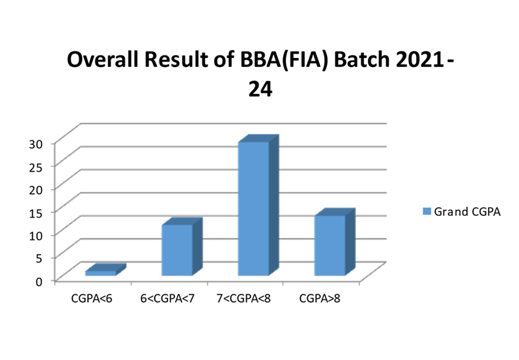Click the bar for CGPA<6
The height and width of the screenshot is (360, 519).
click(106, 270)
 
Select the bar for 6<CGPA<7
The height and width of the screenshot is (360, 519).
click(182, 247)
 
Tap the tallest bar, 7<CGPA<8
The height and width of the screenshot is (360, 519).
click(258, 205)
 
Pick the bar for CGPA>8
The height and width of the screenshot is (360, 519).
click(335, 242)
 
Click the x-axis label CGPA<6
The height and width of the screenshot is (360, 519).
click(92, 298)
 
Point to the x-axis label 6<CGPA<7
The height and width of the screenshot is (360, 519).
click(168, 298)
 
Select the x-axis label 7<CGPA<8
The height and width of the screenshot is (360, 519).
click(244, 298)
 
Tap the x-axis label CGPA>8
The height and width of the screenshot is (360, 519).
click(320, 298)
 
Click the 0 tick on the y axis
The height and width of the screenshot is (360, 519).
click(39, 282)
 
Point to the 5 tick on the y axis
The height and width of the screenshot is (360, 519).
click(39, 259)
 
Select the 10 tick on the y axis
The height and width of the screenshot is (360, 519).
click(36, 236)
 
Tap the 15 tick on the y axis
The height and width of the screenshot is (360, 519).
click(36, 213)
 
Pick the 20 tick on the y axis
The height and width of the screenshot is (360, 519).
click(36, 190)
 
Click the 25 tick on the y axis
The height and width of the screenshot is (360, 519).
click(36, 167)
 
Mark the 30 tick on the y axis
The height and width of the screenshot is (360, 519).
click(36, 144)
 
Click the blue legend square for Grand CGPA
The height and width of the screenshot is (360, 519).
click(427, 212)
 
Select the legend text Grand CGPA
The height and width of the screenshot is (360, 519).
click(467, 212)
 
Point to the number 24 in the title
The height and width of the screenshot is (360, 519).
click(261, 89)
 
